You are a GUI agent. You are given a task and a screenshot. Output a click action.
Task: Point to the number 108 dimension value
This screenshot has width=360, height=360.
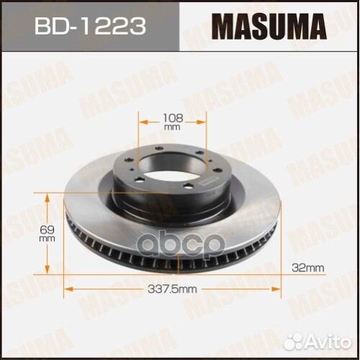pos(174,116)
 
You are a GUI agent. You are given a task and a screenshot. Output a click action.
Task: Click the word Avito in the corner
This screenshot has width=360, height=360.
pos(333,339)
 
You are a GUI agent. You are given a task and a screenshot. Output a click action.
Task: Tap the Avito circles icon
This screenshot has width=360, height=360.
pos(302,338)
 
